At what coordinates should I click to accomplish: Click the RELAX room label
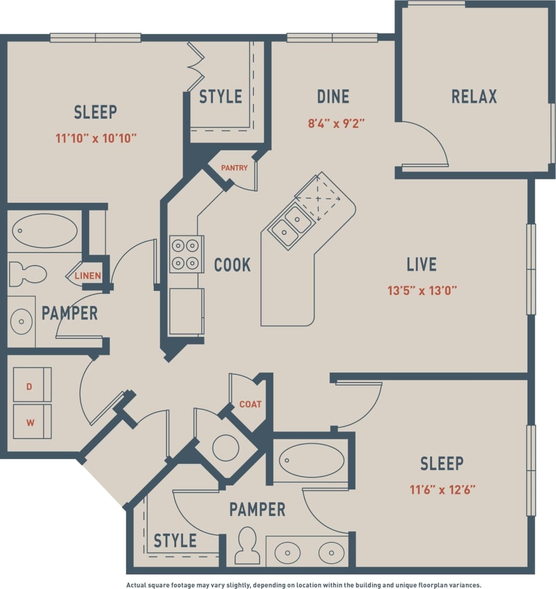[x=474, y=97]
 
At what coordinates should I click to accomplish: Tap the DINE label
[x=333, y=97]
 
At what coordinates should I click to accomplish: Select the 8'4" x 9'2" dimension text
[x=336, y=124]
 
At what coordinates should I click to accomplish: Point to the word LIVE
[x=421, y=264]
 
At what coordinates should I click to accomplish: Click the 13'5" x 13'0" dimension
[x=422, y=290]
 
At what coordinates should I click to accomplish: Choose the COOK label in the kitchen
[x=232, y=265]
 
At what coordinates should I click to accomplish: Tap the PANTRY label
[x=234, y=168]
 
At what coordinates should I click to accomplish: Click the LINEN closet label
[x=88, y=276]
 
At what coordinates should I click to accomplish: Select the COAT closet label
[x=250, y=404]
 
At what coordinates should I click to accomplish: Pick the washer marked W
[x=32, y=422]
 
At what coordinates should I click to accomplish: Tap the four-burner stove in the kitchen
[x=186, y=254]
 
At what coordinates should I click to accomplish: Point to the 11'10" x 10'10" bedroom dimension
[x=96, y=138]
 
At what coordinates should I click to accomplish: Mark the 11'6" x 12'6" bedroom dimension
[x=443, y=489]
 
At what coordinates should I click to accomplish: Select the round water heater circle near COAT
[x=226, y=448]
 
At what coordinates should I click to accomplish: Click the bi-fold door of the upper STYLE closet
[x=195, y=67]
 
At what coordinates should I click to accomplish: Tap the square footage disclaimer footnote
[x=304, y=585]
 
